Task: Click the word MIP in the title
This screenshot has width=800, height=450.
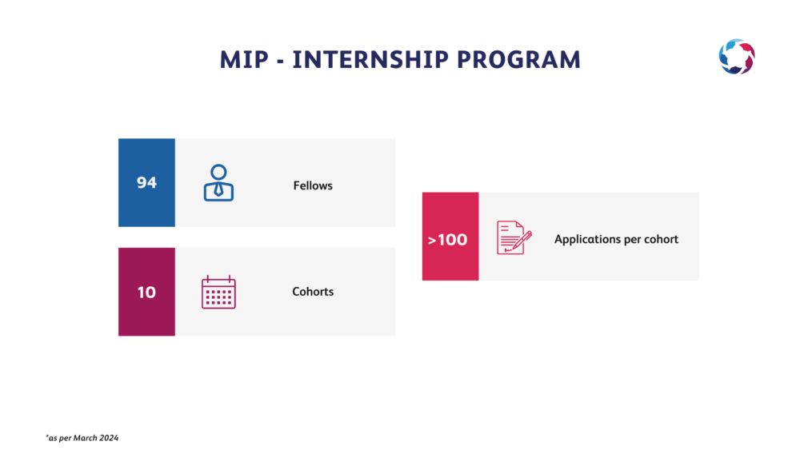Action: (x=244, y=60)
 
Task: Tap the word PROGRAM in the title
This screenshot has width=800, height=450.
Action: (x=519, y=60)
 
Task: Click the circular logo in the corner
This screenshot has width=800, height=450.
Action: (x=737, y=57)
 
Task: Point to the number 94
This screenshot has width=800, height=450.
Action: (x=146, y=182)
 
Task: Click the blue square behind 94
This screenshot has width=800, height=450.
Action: (x=146, y=182)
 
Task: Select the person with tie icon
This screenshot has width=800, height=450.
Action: (x=219, y=182)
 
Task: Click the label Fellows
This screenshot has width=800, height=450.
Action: (x=313, y=185)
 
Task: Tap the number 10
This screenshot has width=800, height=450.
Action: (x=146, y=292)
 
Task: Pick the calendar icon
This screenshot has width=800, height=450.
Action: (x=219, y=292)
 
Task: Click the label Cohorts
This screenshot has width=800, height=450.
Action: (x=313, y=292)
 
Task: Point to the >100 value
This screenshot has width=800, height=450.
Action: (x=447, y=240)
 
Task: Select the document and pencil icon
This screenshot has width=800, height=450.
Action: (x=514, y=237)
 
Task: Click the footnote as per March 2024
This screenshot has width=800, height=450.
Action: (x=82, y=438)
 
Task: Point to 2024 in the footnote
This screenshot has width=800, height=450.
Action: (x=109, y=438)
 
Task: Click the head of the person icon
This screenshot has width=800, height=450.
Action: (x=219, y=173)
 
